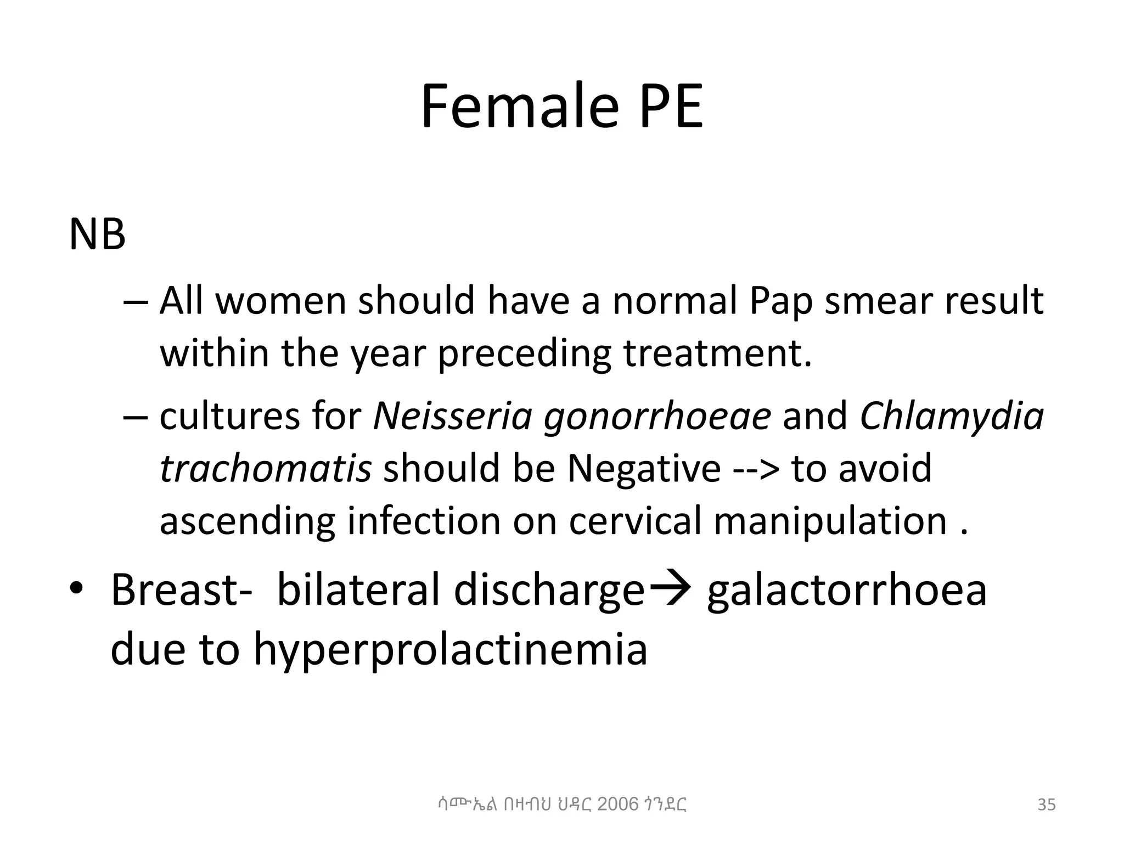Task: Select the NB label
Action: (x=97, y=235)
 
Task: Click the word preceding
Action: (x=524, y=354)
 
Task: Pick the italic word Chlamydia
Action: (x=952, y=415)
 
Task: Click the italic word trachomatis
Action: (x=266, y=468)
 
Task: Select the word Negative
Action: (x=644, y=468)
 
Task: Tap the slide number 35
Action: (x=1046, y=805)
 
